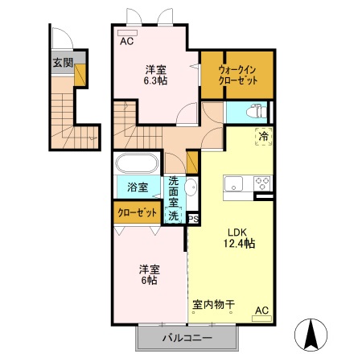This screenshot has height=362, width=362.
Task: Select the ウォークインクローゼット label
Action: coord(236,75)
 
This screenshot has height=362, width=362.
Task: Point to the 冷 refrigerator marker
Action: coord(263,137)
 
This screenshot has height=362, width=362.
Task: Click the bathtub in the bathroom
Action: coord(138,164)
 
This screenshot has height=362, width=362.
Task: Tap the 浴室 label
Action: coord(138,188)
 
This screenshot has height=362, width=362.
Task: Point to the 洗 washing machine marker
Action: coord(172,215)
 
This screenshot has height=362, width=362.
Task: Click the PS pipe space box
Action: coord(193,217)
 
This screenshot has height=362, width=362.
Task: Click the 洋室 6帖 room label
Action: coord(146,275)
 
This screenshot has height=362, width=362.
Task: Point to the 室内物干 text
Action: coord(213,305)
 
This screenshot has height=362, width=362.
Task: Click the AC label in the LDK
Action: coord(261,310)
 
